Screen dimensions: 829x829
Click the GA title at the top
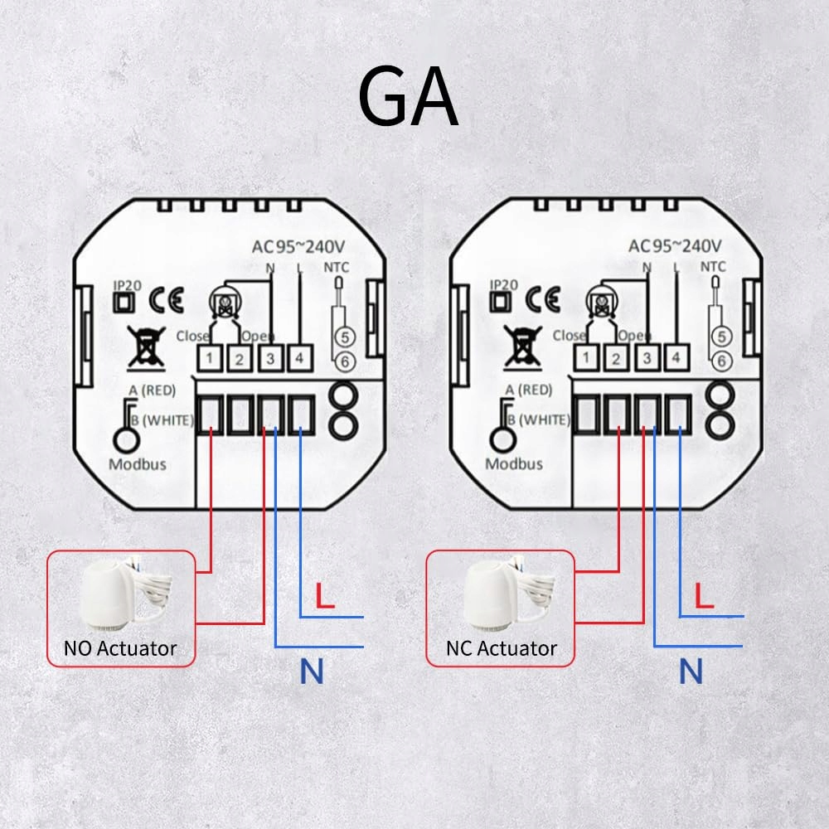408,95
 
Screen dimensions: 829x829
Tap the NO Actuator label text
120,648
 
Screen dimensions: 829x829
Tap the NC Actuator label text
502,648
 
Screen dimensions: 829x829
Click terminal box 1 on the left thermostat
210,358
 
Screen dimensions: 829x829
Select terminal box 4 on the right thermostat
676,358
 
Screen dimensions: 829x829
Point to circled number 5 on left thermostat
345,337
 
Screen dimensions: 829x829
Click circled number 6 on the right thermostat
722,361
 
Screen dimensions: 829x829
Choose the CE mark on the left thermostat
166,300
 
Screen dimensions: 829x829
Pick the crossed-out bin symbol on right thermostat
523,347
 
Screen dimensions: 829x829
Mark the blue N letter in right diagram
691,671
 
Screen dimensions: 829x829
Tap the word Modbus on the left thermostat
138,464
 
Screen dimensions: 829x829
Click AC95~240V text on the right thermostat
675,246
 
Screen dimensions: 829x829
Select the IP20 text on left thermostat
128,285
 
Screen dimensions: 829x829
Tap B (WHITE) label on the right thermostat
539,419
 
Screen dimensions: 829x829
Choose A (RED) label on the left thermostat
153,390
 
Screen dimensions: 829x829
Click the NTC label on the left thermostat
337,268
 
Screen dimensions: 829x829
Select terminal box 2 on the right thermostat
616,358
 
